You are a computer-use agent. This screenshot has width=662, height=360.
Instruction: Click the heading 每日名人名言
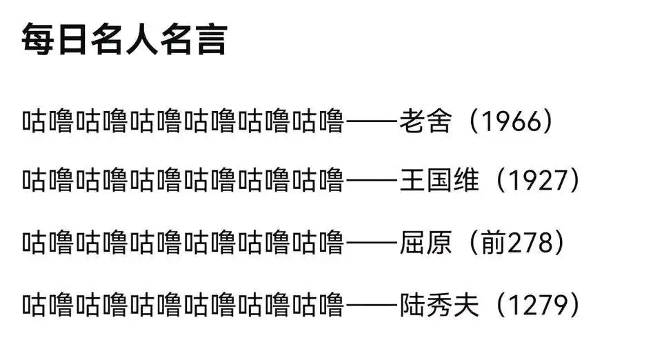point(125,40)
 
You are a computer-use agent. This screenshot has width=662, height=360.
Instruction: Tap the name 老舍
point(425,121)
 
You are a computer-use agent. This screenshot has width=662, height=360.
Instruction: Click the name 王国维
point(439,180)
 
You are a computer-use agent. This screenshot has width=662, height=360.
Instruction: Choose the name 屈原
point(425,243)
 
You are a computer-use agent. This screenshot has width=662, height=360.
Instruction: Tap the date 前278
point(516,243)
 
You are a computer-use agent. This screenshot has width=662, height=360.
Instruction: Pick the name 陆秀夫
point(439,305)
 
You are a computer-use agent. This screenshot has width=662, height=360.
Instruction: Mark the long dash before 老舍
point(372,122)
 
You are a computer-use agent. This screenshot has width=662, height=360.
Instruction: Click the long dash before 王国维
point(372,181)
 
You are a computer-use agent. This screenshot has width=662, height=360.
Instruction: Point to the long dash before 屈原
point(372,243)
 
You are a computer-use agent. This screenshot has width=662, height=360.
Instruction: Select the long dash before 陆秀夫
point(372,306)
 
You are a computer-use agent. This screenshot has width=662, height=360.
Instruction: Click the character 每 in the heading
point(37,40)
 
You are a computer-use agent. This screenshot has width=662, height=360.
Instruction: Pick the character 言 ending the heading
point(212,40)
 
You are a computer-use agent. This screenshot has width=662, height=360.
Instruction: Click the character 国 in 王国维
point(439,180)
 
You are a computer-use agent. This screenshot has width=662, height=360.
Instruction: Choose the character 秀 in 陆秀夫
point(439,305)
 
